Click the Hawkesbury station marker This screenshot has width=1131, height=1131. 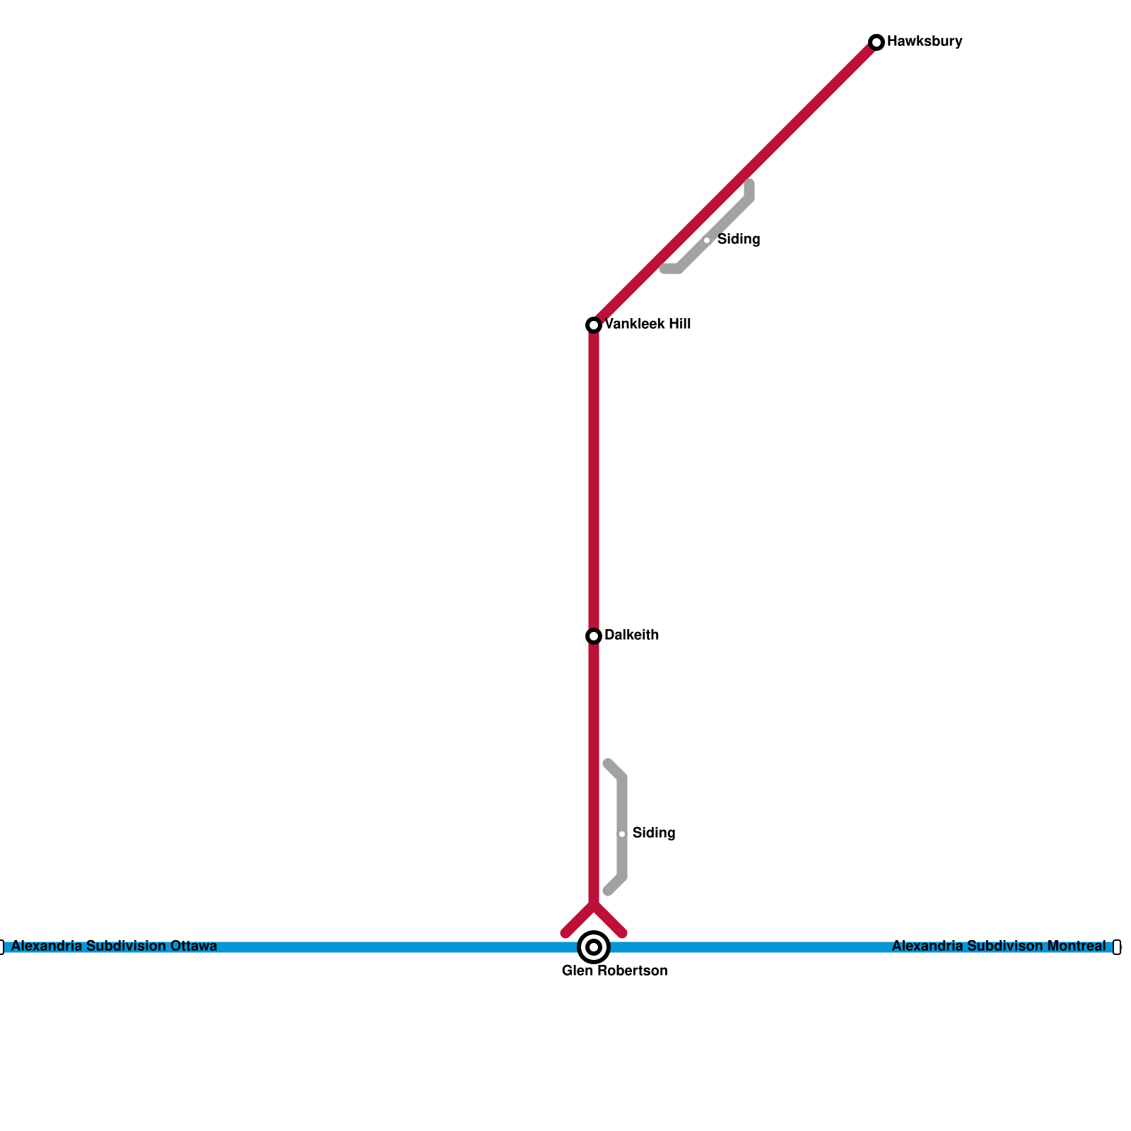coord(877,42)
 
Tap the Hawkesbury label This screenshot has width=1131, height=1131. coord(924,42)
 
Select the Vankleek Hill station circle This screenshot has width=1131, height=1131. coord(594,325)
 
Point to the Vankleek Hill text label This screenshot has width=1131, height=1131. coord(647,324)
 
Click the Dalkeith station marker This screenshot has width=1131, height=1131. coord(594,636)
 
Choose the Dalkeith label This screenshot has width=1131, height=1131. coord(631,635)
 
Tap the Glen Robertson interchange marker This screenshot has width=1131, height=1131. coord(594,947)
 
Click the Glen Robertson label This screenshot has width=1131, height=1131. coord(614,971)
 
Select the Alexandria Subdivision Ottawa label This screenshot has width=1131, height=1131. coord(114,947)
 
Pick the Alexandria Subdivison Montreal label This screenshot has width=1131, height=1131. coord(998,947)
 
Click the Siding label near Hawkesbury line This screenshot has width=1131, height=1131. coord(738,240)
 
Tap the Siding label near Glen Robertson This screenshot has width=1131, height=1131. coord(653,833)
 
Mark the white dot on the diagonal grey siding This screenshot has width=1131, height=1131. coord(707,240)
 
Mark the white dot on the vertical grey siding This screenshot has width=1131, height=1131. coord(622,834)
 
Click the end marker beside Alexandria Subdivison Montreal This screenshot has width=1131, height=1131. coord(1117,947)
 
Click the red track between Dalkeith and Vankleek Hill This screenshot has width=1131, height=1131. coord(594,481)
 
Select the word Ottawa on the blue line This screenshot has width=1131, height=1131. coord(194,947)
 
